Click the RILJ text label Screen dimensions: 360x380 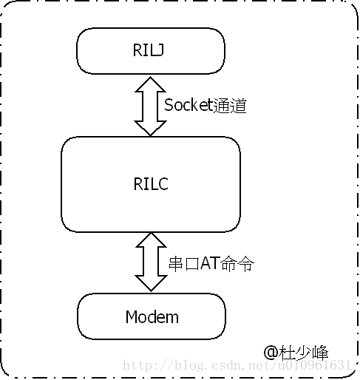point(149,50)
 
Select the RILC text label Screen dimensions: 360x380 point(151,183)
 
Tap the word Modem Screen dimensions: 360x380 point(152,316)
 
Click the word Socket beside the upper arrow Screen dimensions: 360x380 point(189,105)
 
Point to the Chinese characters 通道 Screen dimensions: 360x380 point(229,106)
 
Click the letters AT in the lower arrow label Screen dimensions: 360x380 point(210,263)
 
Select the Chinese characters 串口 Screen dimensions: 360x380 point(184,264)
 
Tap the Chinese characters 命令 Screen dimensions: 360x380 point(237,264)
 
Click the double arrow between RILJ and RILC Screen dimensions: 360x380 point(150,106)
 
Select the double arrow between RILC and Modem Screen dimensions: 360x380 point(151,262)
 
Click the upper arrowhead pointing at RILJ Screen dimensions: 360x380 point(150,84)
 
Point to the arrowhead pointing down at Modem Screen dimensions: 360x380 point(151,283)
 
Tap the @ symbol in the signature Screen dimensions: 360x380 point(271,352)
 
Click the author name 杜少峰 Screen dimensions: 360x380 point(304,353)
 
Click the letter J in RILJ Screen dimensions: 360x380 point(160,50)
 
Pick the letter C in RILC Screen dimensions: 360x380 point(163,183)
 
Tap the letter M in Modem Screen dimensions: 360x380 point(132,316)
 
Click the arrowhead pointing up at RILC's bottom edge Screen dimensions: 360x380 point(151,240)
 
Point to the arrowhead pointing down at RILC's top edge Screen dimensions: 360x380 point(150,129)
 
